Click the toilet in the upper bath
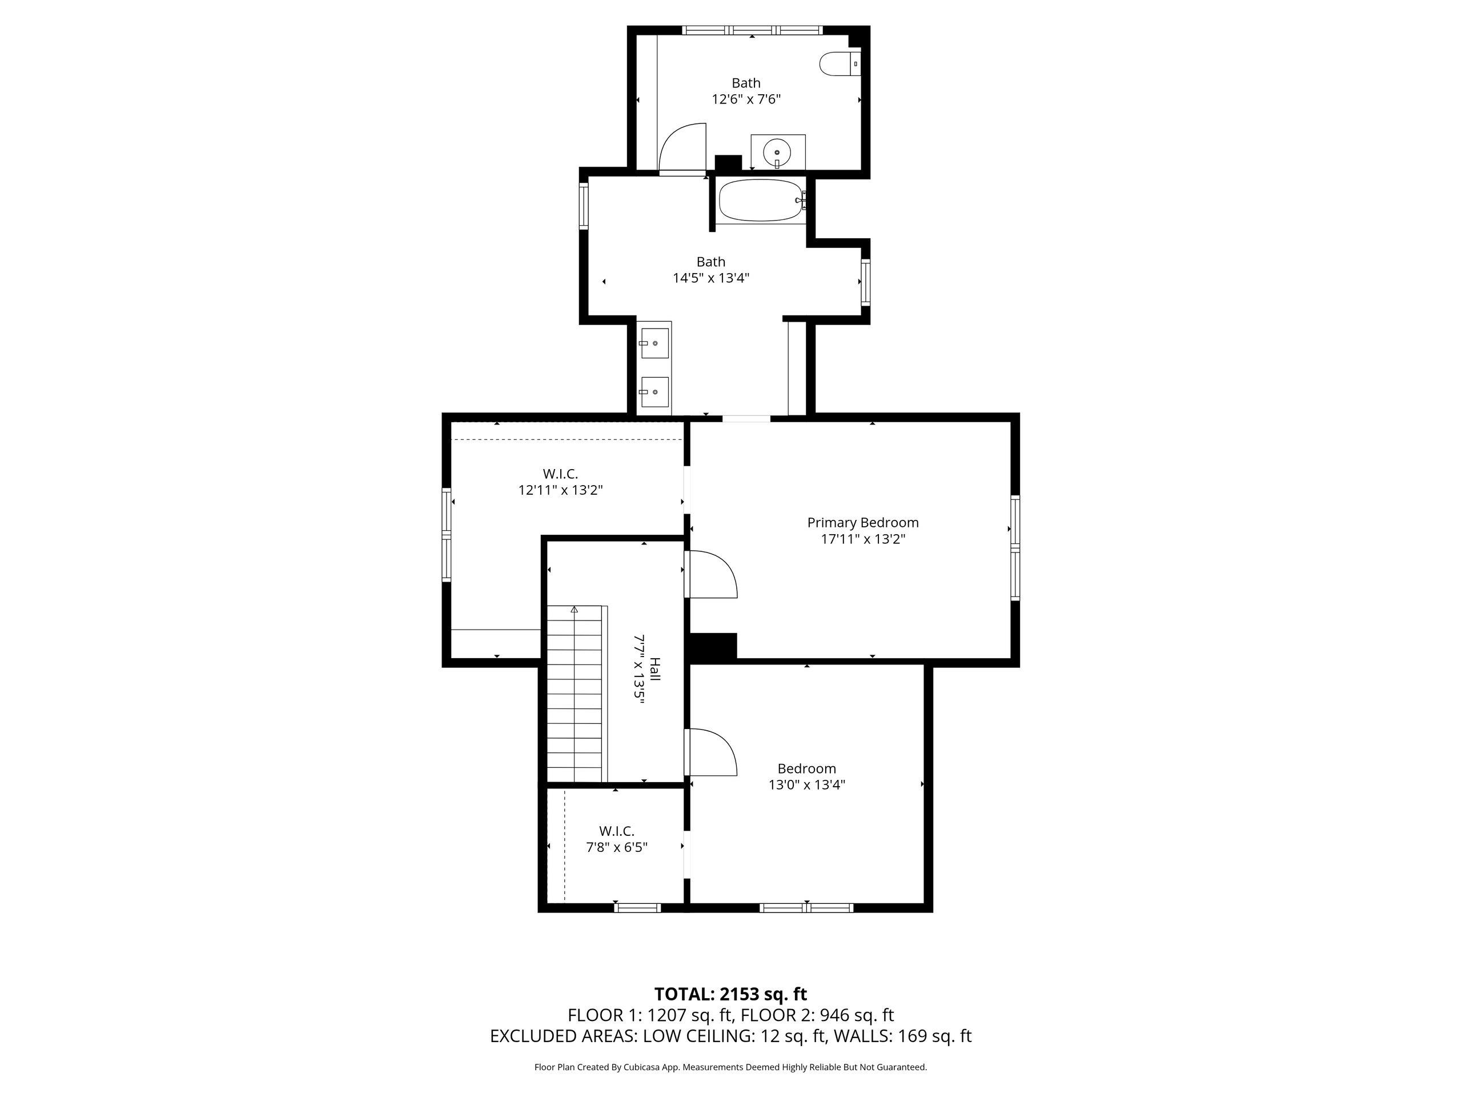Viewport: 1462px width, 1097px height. pos(840,63)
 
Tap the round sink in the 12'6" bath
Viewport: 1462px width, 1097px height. pos(777,153)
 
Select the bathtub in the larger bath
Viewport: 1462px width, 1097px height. pos(761,201)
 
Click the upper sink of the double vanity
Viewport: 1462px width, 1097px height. pos(654,343)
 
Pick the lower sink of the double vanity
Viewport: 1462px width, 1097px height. pos(654,392)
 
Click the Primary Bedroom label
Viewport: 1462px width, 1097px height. pos(862,522)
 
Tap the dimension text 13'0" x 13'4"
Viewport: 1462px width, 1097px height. pos(807,785)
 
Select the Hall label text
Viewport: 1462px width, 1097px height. pos(654,669)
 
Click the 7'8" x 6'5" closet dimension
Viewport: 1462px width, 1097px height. pos(617,847)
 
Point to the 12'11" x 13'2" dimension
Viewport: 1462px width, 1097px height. pos(560,490)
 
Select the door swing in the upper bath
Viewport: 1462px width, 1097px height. pos(682,147)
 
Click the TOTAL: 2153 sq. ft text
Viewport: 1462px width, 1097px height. pos(730,994)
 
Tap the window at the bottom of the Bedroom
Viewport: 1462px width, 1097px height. pos(806,908)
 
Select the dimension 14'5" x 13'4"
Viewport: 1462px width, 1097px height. pos(711,278)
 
